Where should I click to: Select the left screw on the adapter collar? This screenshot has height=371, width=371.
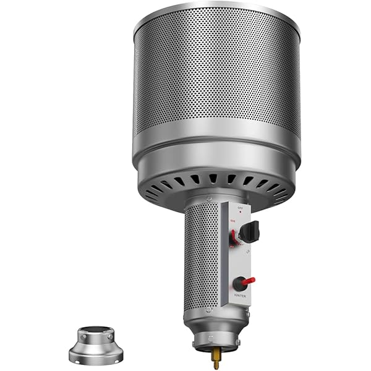[x=80, y=339]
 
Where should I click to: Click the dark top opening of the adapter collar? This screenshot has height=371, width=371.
[x=95, y=328]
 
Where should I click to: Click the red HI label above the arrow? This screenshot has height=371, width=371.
[x=232, y=221]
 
